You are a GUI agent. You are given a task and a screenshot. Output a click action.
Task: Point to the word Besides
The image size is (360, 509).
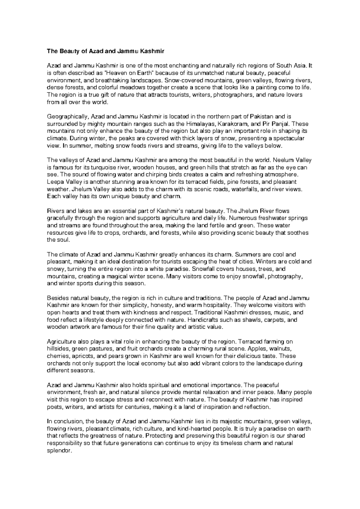click(x=57, y=298)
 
